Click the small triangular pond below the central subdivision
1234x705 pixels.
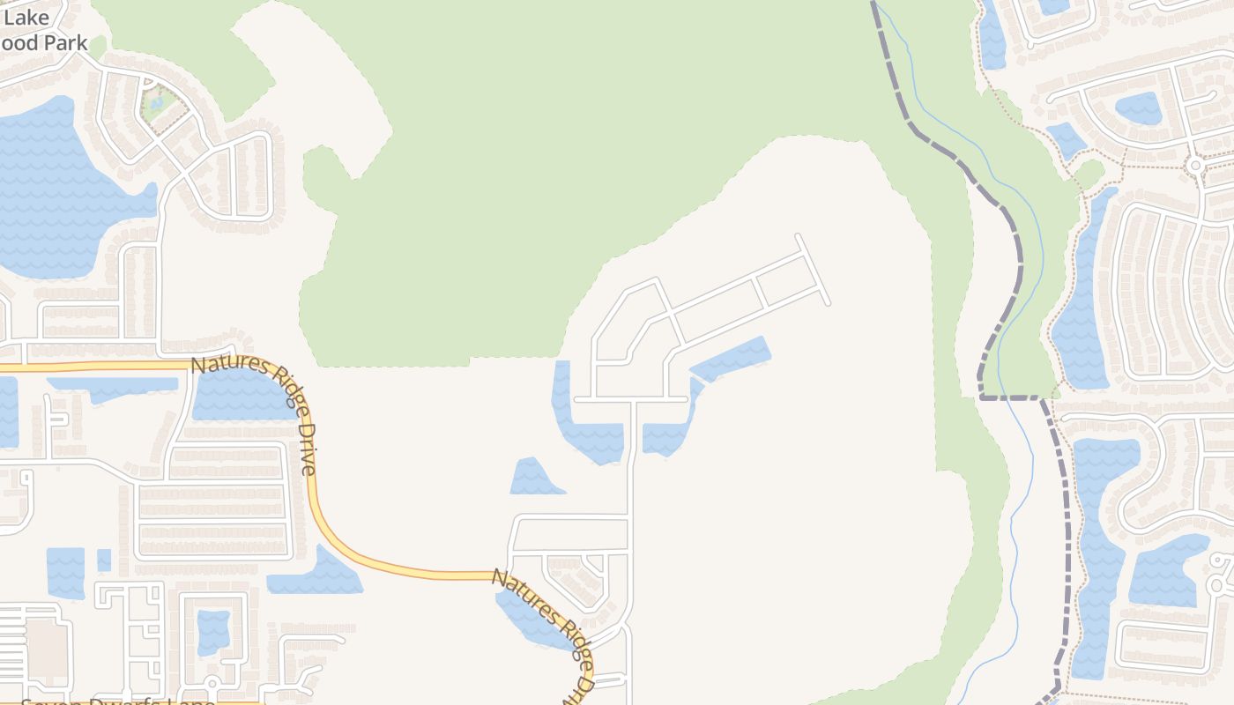point(534,478)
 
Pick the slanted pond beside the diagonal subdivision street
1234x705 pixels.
point(732,359)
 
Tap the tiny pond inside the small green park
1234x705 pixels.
point(157,103)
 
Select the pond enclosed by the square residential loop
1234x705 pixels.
point(213,631)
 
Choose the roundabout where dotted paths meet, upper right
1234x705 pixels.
point(1195,165)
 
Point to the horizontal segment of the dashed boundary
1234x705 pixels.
point(1010,397)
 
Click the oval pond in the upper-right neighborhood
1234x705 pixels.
point(1138,108)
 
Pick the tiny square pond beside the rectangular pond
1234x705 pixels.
point(104,560)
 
